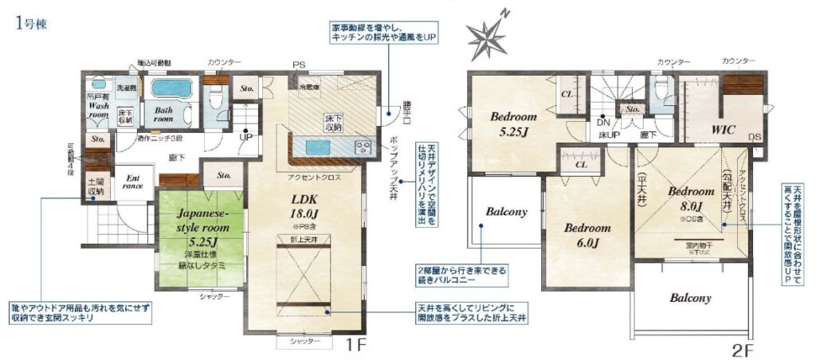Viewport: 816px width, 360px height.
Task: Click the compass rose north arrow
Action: click(488, 34)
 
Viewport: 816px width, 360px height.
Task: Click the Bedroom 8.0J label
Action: click(690, 198)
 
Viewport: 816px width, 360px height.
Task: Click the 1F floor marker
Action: click(356, 346)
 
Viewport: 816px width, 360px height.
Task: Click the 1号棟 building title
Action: click(31, 23)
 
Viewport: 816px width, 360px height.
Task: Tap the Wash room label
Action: click(99, 109)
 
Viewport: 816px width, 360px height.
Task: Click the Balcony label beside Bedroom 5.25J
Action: click(506, 212)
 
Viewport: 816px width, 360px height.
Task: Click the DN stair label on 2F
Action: click(603, 123)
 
